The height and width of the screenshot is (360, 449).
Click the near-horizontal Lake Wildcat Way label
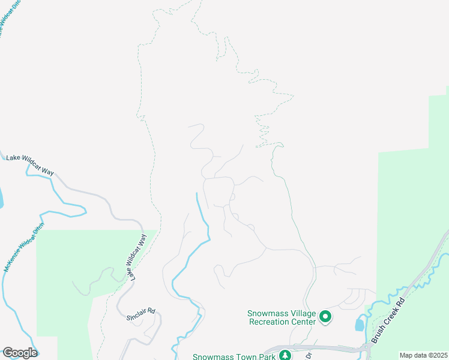tap(30, 165)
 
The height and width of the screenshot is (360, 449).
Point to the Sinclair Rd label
tap(142, 311)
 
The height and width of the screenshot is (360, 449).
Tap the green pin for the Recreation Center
tap(325, 316)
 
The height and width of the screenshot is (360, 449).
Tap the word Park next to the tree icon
tap(267, 356)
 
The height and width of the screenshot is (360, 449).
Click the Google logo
tap(19, 353)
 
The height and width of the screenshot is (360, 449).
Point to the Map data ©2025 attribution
tap(423, 355)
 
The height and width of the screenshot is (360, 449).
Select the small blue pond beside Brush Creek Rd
tap(360, 325)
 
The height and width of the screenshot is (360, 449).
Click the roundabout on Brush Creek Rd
tap(366, 348)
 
